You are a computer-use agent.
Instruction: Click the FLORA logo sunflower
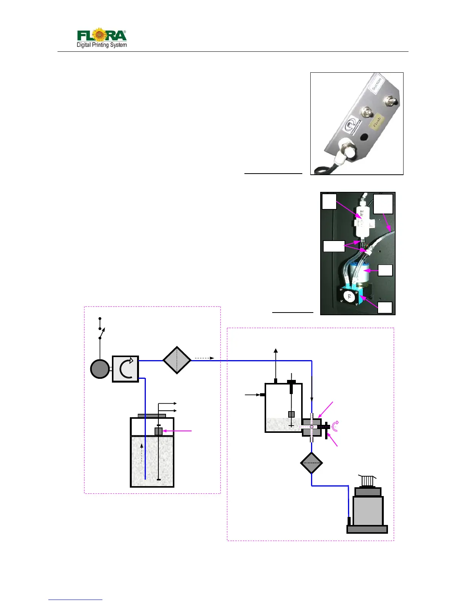pos(99,35)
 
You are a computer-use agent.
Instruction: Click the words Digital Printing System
pos(102,45)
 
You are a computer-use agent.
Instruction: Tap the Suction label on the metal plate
pos(377,84)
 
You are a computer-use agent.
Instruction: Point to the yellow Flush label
pos(377,122)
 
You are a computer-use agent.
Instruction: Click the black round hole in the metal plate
pos(364,136)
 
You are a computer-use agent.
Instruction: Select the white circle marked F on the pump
pos(349,296)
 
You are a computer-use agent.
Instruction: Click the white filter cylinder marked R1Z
pos(362,222)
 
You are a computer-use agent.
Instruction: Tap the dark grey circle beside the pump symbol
pos(100,369)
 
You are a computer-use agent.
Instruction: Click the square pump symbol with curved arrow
pos(125,369)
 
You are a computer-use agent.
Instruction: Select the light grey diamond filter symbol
pos(177,360)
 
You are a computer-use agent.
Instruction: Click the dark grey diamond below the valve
pos(311,463)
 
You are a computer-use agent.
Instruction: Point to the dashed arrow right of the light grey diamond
pos(204,358)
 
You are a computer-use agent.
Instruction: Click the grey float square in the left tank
pos(158,431)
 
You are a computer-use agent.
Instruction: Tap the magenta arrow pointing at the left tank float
pos(178,431)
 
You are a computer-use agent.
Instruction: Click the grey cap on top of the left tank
pos(152,415)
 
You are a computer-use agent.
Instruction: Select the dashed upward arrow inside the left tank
pos(142,453)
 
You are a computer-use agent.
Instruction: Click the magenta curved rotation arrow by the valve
pos(335,426)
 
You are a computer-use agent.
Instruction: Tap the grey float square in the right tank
pos(291,414)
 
